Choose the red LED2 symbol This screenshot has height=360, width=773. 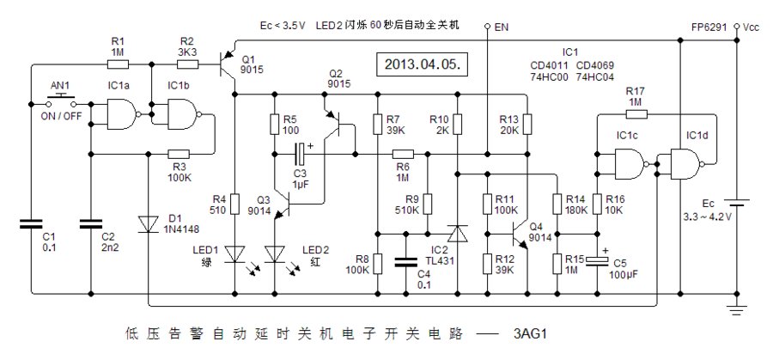tap(274, 254)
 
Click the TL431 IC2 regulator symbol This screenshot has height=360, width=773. tap(457, 233)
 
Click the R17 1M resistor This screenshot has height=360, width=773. tap(635, 111)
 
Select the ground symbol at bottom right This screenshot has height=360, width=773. tap(736, 307)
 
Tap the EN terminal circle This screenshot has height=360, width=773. tap(485, 27)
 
